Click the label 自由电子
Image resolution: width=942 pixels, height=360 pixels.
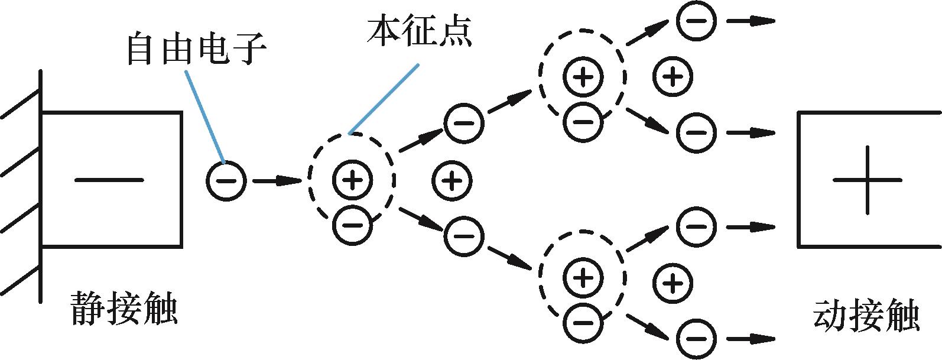196,49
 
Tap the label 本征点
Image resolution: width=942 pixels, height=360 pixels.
418,32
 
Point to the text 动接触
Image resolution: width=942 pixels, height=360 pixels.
866,317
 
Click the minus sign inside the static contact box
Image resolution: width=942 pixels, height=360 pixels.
109,180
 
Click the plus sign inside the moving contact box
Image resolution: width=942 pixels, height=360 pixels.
867,180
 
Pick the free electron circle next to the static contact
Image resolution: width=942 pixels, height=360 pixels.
226,180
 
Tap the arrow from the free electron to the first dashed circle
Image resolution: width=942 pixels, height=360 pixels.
278,180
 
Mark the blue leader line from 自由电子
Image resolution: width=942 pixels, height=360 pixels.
204,116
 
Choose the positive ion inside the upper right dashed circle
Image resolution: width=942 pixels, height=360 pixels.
583,77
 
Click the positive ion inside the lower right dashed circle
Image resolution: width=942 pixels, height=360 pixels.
583,277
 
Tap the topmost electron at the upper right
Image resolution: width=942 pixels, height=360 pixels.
696,21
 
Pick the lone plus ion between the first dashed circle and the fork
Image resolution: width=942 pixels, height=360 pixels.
452,180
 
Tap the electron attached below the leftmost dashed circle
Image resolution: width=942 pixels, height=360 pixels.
352,225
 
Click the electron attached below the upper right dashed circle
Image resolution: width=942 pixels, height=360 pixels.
583,122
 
